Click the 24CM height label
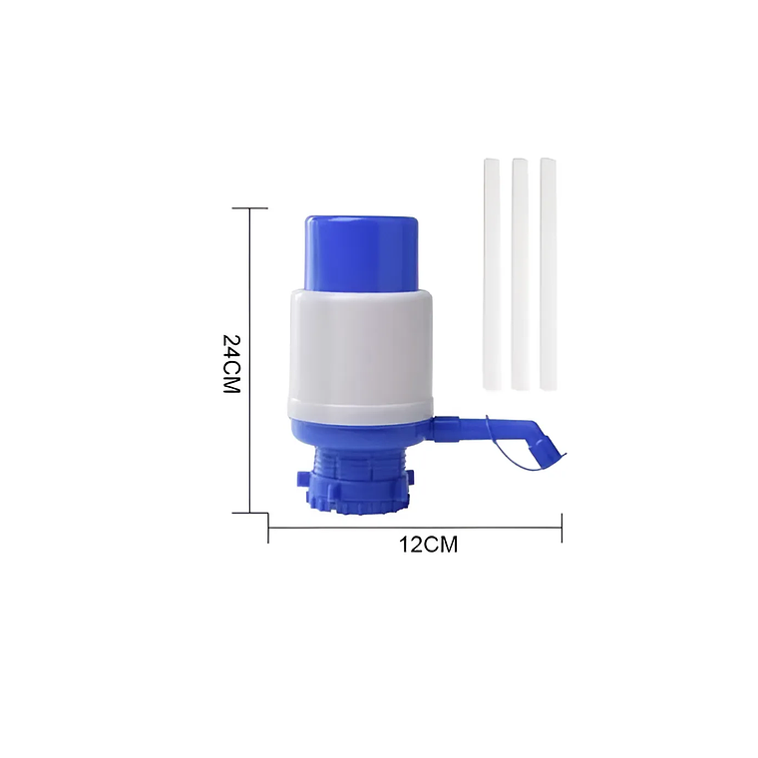pos(231,363)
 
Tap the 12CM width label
pos(429,546)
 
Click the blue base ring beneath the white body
pos(359,431)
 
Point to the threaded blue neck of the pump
pos(358,464)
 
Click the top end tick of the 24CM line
pos(249,208)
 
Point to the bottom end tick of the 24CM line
pos(249,513)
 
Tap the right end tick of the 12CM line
pos(562,528)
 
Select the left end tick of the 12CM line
pos(268,528)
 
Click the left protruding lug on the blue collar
pos(302,480)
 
